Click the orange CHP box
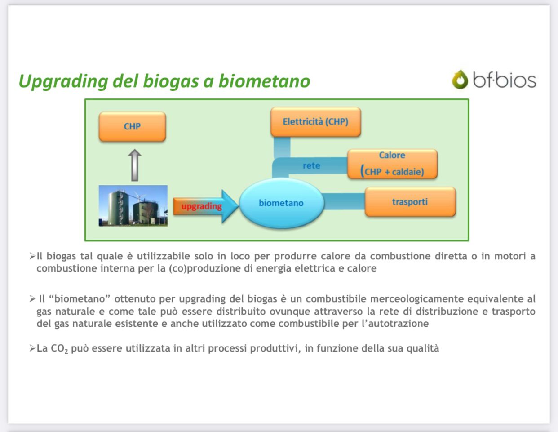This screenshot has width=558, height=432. tap(132, 126)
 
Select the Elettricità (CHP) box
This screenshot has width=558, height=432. tap(315, 121)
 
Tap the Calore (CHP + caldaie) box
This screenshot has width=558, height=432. tap(392, 164)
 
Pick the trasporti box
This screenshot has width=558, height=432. tap(410, 202)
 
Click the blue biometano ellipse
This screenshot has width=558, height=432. tap(281, 203)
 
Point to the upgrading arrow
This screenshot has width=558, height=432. tap(206, 206)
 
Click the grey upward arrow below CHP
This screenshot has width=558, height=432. tap(134, 165)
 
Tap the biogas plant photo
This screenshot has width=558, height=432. tap(133, 206)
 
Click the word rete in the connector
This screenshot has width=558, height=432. tap(311, 166)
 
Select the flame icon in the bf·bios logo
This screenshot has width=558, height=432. tap(460, 80)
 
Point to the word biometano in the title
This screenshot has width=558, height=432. tap(264, 81)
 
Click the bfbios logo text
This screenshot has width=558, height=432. tap(505, 80)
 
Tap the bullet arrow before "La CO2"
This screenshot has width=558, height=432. tap(32, 348)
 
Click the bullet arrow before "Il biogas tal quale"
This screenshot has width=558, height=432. tap(32, 256)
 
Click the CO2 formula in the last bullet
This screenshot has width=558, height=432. tap(59, 349)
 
